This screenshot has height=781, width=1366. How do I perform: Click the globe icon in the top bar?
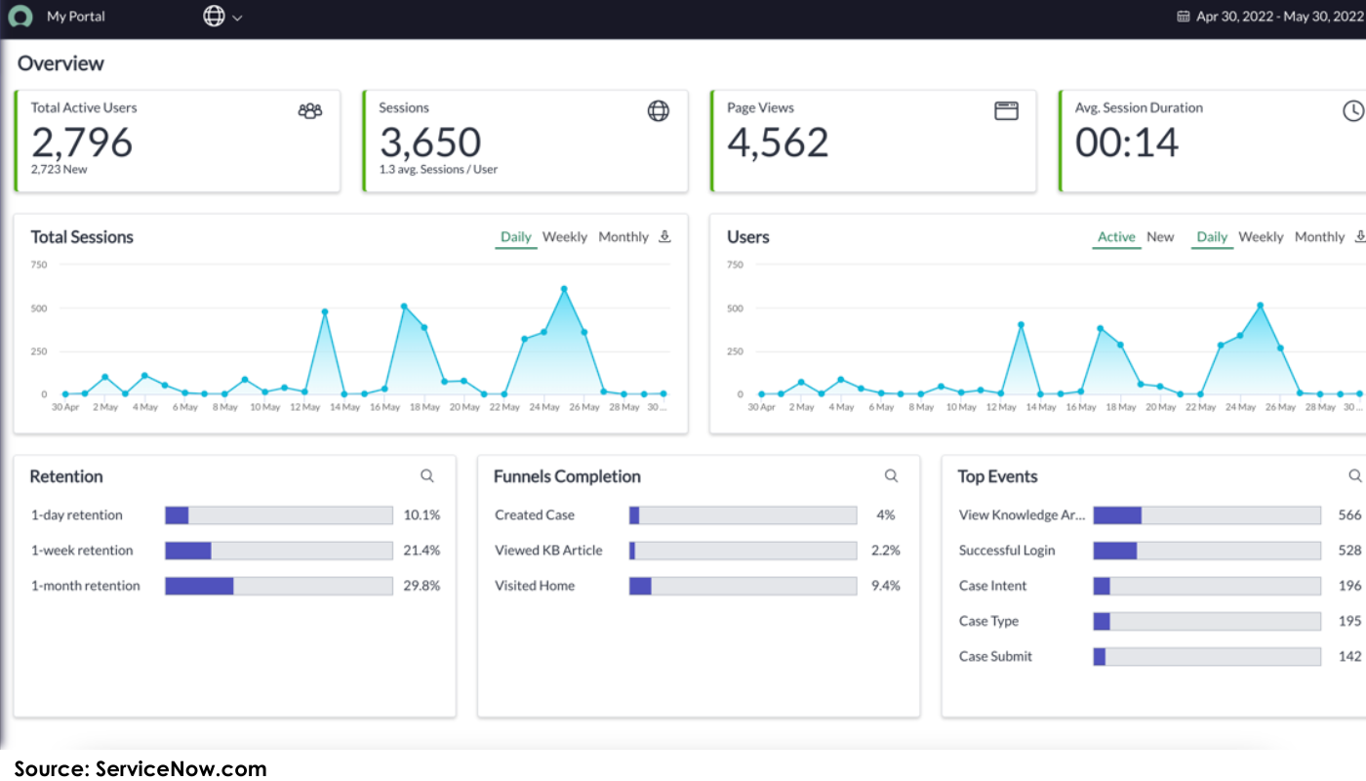[214, 16]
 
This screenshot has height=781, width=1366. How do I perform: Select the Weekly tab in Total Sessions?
[565, 237]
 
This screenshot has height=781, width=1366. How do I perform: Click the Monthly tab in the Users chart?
[1319, 237]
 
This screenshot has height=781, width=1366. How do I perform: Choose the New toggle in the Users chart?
[1160, 237]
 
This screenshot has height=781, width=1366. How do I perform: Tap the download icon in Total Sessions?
[664, 236]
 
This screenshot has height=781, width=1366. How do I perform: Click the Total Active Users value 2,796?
[82, 143]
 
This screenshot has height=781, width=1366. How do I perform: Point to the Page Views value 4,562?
[778, 143]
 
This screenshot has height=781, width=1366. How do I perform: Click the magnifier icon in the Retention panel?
[427, 475]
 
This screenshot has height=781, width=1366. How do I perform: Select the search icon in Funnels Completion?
[891, 475]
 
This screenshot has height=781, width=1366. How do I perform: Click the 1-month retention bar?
[278, 586]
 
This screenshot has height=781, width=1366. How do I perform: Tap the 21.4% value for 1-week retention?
[422, 551]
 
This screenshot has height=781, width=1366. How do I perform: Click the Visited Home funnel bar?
[743, 586]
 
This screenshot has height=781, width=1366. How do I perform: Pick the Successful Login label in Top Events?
[1007, 551]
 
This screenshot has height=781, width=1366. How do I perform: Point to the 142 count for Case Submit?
[1349, 656]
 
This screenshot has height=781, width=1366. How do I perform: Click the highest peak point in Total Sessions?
[564, 289]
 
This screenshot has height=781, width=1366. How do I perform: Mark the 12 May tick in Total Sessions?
[304, 407]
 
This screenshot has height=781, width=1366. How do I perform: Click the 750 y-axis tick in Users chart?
[735, 265]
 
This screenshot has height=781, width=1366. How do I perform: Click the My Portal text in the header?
[76, 17]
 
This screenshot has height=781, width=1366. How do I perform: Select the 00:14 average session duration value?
[1127, 143]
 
